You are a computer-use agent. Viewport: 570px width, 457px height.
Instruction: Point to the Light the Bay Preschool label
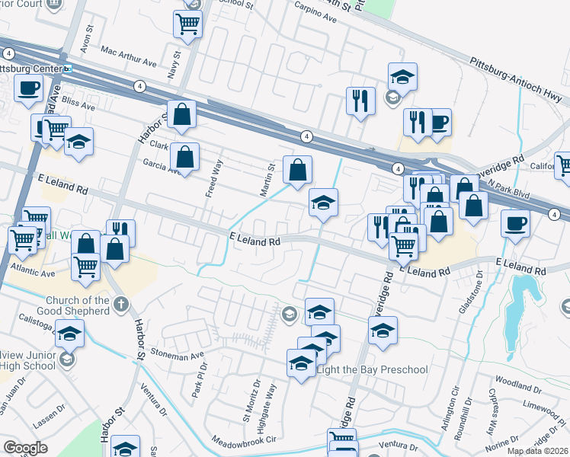click(372, 369)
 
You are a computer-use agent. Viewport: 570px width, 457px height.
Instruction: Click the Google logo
click(25, 448)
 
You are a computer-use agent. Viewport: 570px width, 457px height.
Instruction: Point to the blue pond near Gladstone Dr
click(520, 301)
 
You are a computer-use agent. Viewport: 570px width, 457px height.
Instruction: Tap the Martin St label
click(267, 181)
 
